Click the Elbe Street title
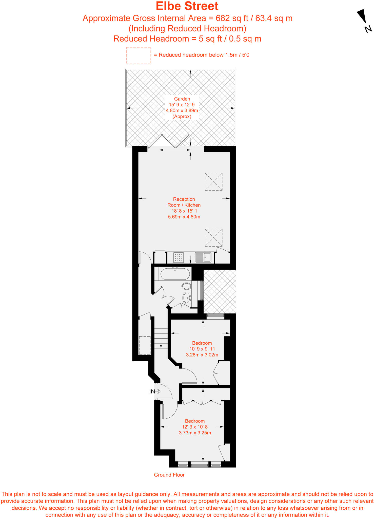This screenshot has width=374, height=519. click(x=187, y=6)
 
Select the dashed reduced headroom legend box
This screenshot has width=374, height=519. click(x=138, y=55)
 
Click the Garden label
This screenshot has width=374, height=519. click(x=182, y=99)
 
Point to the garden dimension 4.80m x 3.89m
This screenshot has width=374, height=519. click(x=182, y=110)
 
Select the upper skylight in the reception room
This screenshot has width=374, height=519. click(x=213, y=182)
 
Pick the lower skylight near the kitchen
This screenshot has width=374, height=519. click(x=213, y=237)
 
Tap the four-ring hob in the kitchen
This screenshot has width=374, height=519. click(x=179, y=257)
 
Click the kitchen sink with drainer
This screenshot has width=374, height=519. click(x=203, y=257)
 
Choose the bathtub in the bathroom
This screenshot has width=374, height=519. click(x=175, y=274)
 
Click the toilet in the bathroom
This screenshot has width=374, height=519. click(x=186, y=286)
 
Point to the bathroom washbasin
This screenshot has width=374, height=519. click(x=187, y=298)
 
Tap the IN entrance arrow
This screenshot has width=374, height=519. click(x=155, y=391)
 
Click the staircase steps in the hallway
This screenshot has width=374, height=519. click(x=161, y=338)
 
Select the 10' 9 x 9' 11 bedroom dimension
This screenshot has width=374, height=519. click(x=202, y=349)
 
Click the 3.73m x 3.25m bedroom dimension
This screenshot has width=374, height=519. click(x=195, y=433)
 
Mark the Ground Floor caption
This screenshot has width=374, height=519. click(x=169, y=475)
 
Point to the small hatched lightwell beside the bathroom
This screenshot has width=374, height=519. click(x=220, y=291)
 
